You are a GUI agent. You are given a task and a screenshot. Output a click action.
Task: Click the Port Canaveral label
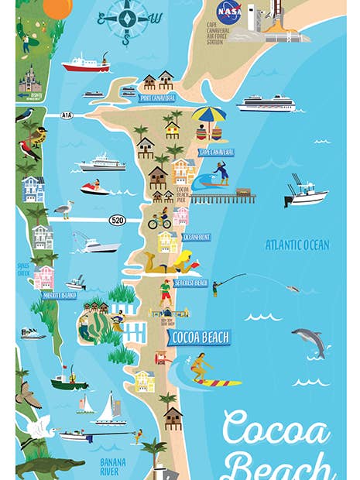pyautogui.click(x=157, y=98)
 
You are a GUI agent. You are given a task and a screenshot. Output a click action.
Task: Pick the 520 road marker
pyautogui.click(x=118, y=219)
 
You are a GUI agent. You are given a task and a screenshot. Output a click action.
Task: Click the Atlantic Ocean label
pyautogui.click(x=297, y=245)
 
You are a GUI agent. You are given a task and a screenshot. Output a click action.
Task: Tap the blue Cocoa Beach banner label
pyautogui.click(x=199, y=338)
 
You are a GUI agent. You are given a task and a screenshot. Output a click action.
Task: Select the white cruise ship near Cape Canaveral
pyautogui.click(x=266, y=103)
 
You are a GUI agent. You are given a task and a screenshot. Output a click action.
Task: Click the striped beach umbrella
pyautogui.click(x=209, y=117)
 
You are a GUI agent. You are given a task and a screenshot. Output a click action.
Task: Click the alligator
pyautogui.click(x=46, y=467)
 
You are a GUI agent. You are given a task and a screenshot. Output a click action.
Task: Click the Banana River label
pyautogui.click(x=115, y=467)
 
